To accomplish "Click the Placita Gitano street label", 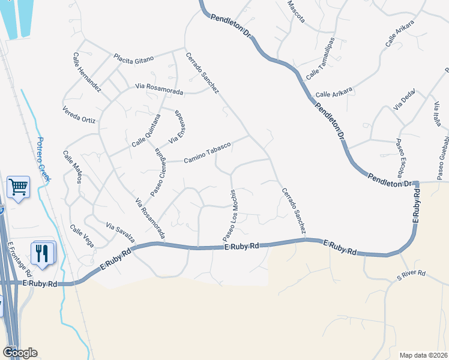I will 134,58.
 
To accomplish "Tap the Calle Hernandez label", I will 89,78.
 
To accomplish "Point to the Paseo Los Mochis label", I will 230,213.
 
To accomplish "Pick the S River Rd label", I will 411,274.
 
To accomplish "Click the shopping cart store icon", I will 18,188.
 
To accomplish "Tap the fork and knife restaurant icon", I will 42,253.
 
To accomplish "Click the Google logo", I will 20,352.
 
